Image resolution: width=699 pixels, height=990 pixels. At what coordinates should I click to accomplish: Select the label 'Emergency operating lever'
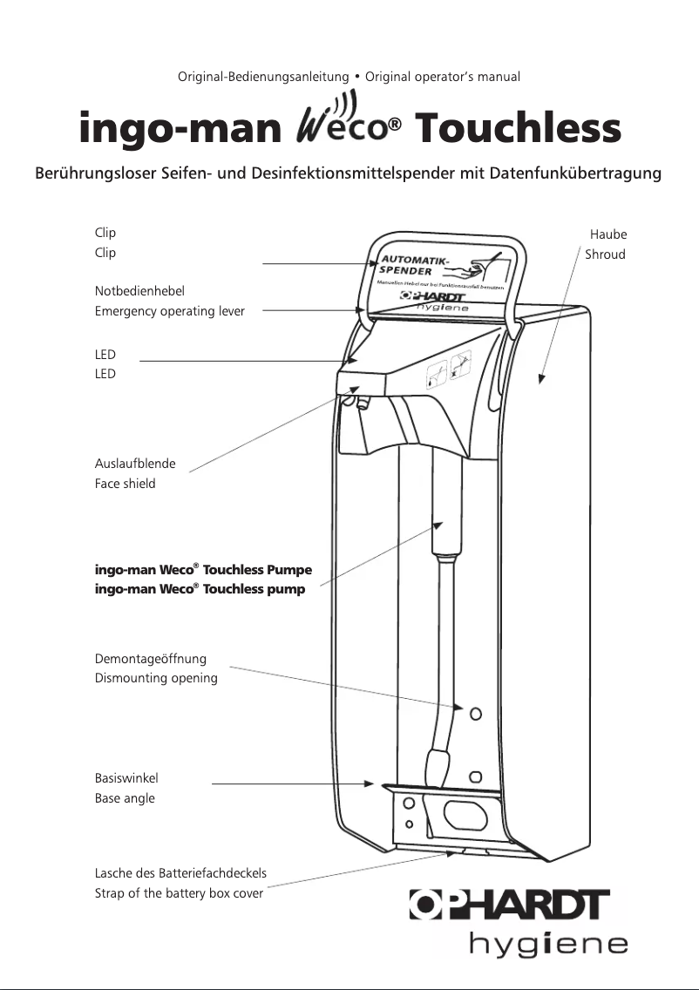pyautogui.click(x=170, y=311)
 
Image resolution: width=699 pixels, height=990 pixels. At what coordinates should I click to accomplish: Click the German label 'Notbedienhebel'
pyautogui.click(x=139, y=291)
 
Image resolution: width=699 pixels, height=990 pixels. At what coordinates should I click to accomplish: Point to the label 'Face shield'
pyautogui.click(x=125, y=484)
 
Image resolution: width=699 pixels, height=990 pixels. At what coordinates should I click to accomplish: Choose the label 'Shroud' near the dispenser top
pyautogui.click(x=605, y=254)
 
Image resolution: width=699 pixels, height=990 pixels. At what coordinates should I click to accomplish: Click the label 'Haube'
pyautogui.click(x=608, y=234)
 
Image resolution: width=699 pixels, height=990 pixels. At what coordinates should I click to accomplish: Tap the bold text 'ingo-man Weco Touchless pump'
pyautogui.click(x=200, y=589)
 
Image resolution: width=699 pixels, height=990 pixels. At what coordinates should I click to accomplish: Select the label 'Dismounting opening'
pyautogui.click(x=156, y=678)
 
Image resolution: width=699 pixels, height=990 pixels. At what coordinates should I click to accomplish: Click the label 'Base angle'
pyautogui.click(x=125, y=798)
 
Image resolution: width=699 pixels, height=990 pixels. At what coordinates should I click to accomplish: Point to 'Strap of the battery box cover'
pyautogui.click(x=179, y=893)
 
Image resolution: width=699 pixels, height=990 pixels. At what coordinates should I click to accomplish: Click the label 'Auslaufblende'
pyautogui.click(x=135, y=464)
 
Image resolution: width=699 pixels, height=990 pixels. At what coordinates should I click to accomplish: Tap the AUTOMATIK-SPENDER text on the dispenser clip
pyautogui.click(x=415, y=264)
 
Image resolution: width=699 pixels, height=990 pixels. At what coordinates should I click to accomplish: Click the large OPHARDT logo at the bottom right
pyautogui.click(x=510, y=905)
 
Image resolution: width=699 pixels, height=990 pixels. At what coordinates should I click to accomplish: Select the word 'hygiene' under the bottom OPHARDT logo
pyautogui.click(x=548, y=944)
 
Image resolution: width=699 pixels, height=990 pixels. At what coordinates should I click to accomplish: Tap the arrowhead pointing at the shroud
pyautogui.click(x=541, y=379)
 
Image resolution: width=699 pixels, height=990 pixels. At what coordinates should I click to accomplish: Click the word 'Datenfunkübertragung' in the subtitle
pyautogui.click(x=576, y=173)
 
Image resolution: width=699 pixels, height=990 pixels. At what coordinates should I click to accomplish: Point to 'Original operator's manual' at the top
pyautogui.click(x=443, y=77)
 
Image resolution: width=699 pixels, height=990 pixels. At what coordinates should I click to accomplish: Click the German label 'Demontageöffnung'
pyautogui.click(x=151, y=659)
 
